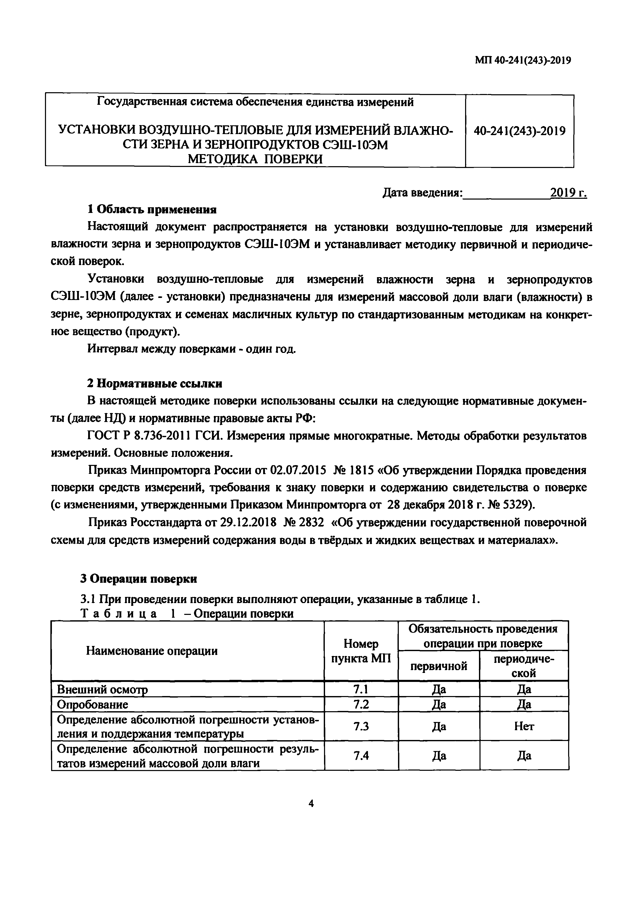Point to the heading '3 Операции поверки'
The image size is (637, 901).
click(x=139, y=579)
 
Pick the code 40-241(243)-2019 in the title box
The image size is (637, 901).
click(x=520, y=131)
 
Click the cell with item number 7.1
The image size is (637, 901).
click(x=361, y=689)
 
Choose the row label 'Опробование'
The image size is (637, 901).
click(x=93, y=705)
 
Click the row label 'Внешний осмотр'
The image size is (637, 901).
click(x=103, y=689)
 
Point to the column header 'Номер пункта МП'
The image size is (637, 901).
click(x=361, y=651)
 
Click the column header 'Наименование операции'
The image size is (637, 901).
click(x=152, y=651)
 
